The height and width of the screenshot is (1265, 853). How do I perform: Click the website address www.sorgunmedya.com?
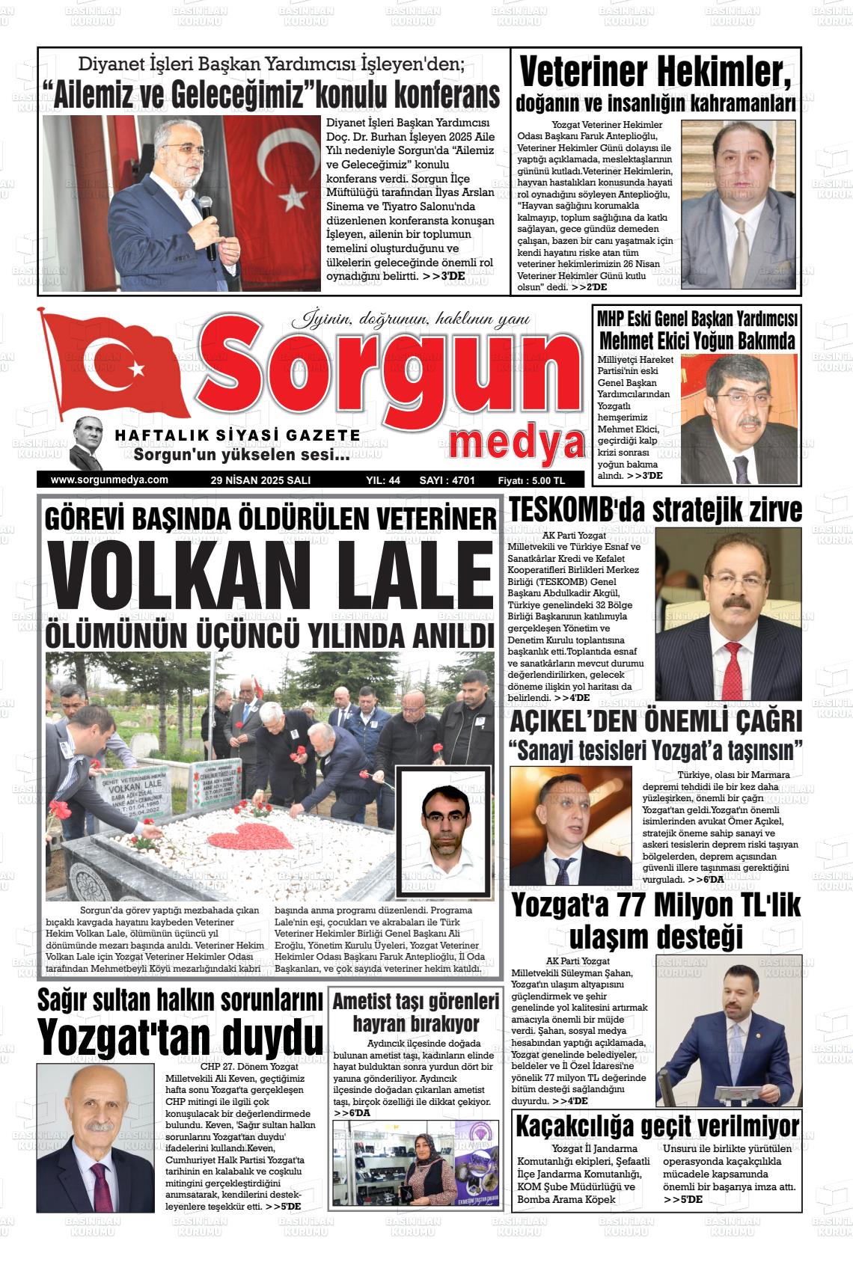click(x=109, y=480)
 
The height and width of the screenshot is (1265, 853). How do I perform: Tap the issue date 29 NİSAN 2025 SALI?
click(x=261, y=480)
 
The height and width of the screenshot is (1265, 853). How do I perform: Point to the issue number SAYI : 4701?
click(x=447, y=480)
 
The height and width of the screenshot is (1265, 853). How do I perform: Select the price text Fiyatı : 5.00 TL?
click(x=531, y=480)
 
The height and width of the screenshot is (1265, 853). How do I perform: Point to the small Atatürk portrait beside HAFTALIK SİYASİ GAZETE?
click(x=88, y=443)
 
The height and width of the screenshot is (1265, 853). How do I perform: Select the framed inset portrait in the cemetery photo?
click(x=444, y=830)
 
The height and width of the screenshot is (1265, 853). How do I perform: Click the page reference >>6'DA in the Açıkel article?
click(x=706, y=879)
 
